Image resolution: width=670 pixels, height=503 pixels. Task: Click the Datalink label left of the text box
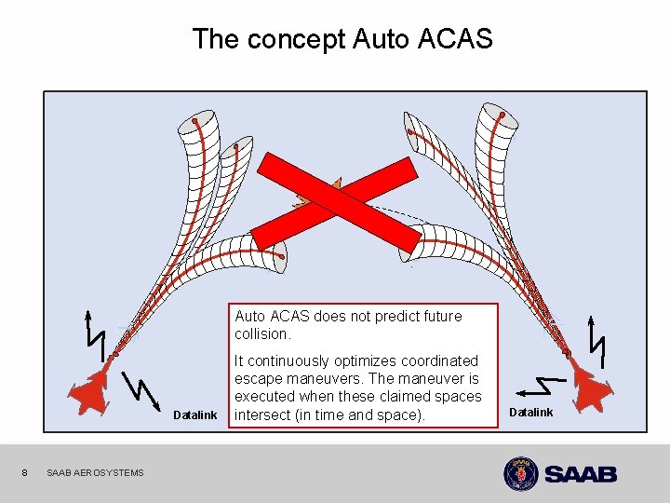(x=195, y=415)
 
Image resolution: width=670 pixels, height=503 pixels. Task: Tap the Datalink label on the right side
(x=531, y=413)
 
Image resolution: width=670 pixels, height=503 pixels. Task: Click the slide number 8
(x=26, y=472)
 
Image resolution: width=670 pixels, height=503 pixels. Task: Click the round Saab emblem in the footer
(x=520, y=473)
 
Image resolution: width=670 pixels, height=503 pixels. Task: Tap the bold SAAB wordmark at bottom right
(x=581, y=474)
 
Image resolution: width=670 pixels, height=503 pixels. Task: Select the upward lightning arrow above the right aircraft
(x=596, y=340)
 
